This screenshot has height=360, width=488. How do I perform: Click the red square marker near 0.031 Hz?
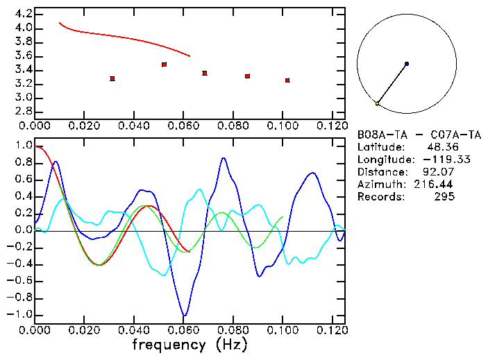[112, 78]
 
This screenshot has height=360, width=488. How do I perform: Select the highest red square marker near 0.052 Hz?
[164, 65]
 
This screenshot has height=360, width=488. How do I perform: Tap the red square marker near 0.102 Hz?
[287, 80]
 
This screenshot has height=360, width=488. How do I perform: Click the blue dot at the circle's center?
[407, 64]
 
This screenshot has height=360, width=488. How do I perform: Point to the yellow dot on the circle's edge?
[377, 103]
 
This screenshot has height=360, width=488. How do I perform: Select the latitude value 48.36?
[440, 147]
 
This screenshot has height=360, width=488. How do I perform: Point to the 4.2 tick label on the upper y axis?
[23, 14]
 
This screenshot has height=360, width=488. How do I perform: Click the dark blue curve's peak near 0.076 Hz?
[224, 158]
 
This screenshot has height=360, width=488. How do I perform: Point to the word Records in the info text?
[379, 197]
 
